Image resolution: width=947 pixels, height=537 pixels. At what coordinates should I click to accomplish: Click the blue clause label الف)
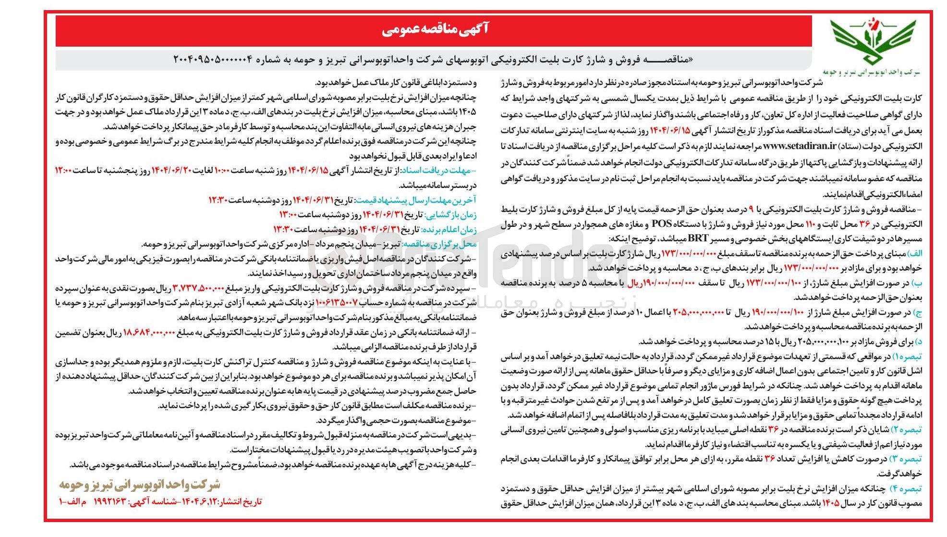914,253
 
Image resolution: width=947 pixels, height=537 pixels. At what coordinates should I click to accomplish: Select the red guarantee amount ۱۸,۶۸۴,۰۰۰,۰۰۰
149,333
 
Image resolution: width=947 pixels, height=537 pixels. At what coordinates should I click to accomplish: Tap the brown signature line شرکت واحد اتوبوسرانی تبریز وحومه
140,485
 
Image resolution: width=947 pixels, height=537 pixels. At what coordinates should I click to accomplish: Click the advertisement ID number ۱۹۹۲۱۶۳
112,502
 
